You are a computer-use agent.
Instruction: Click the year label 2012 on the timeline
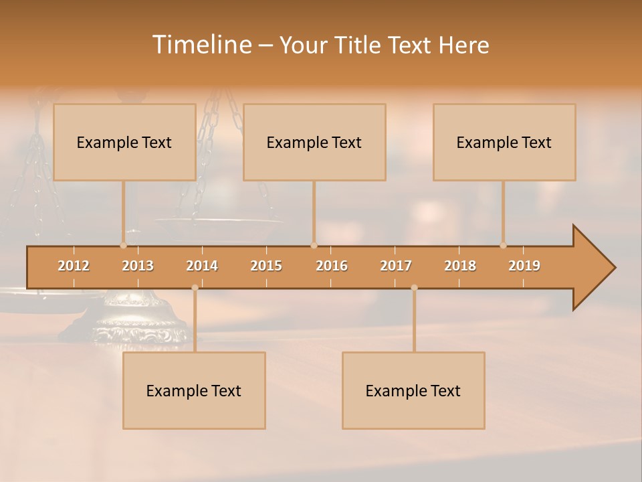pyautogui.click(x=74, y=266)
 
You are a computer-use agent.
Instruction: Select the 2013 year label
pyautogui.click(x=138, y=266)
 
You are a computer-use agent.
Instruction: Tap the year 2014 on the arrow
pyautogui.click(x=202, y=266)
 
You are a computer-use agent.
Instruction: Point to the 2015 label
pyautogui.click(x=266, y=266)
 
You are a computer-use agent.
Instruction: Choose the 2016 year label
pyautogui.click(x=332, y=266)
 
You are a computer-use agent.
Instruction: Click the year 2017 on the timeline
pyautogui.click(x=396, y=266)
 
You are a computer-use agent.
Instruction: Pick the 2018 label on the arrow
pyautogui.click(x=460, y=266)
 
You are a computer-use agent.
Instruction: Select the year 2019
pyautogui.click(x=524, y=266)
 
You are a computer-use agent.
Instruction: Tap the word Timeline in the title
pyautogui.click(x=201, y=45)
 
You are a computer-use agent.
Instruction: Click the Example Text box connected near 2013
pyautogui.click(x=124, y=142)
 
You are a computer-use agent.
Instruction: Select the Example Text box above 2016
pyautogui.click(x=314, y=142)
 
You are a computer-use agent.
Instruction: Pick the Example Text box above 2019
pyautogui.click(x=504, y=142)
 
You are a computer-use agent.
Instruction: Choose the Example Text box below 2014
pyautogui.click(x=194, y=390)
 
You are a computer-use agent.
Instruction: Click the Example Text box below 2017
pyautogui.click(x=413, y=390)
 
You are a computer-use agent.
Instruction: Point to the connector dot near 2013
pyautogui.click(x=123, y=245)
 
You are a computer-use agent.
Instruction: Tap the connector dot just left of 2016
pyautogui.click(x=314, y=245)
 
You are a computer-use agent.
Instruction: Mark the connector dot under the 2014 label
pyautogui.click(x=195, y=288)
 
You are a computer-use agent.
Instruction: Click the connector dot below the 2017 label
pyautogui.click(x=414, y=288)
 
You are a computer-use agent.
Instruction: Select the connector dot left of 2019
pyautogui.click(x=504, y=245)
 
